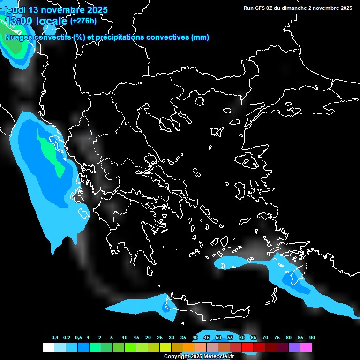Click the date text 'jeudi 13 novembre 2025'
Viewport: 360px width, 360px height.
[x=56, y=10]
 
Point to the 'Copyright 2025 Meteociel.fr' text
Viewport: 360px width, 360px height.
[x=199, y=356]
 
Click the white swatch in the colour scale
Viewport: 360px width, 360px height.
[x=48, y=347]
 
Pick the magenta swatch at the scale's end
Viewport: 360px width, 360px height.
[x=306, y=347]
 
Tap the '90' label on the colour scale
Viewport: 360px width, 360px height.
[x=312, y=338]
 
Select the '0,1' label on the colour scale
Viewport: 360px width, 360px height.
[x=55, y=338]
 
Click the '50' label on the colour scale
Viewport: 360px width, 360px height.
[x=218, y=338]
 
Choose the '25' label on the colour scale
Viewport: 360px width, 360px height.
[x=160, y=338]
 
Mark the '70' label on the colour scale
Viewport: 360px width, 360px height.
[x=265, y=338]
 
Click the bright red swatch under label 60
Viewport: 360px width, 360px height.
[x=247, y=347]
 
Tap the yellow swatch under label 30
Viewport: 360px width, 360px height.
[x=165, y=347]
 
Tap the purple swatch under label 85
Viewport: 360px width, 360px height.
[x=294, y=347]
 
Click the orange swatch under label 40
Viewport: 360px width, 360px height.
[x=189, y=347]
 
